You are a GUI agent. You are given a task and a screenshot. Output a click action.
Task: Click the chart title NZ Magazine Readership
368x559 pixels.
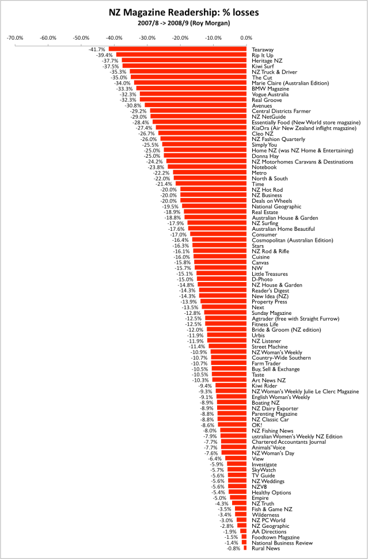tap(184, 11)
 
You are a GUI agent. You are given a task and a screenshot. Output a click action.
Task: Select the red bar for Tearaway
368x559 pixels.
tap(178, 50)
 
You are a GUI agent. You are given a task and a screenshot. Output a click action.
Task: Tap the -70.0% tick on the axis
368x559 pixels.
tap(14, 38)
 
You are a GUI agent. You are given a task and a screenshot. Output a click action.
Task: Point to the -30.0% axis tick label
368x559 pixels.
tap(148, 38)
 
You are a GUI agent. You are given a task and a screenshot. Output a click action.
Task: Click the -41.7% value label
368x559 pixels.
tap(97, 50)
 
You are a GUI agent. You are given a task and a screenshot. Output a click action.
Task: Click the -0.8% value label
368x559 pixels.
tap(234, 548)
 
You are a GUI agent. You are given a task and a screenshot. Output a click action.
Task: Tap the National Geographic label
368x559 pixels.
tap(276, 206)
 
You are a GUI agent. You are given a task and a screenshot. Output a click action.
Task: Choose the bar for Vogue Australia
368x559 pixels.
tap(194, 94)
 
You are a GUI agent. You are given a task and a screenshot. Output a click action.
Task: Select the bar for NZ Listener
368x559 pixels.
tap(227, 340)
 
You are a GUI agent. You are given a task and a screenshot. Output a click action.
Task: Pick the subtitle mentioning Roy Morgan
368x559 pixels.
tap(184, 23)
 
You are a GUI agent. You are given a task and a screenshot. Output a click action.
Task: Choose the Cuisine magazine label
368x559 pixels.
tap(262, 257)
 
